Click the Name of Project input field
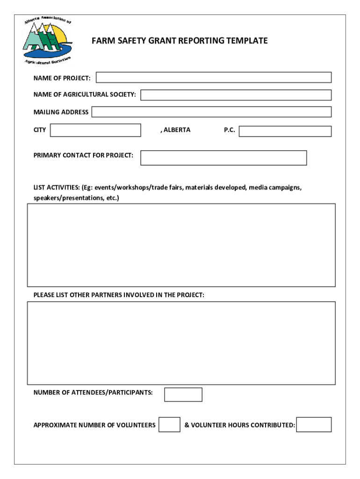[214, 77]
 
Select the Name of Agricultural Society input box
[236, 95]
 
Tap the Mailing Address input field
[211, 112]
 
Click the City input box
[95, 130]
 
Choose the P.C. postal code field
[285, 131]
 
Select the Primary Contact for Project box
[223, 158]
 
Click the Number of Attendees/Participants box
[183, 394]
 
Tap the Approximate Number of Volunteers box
[169, 424]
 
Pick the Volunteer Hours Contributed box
[314, 424]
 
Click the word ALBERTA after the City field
[177, 130]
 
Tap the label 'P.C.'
[229, 130]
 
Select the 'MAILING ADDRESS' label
[61, 112]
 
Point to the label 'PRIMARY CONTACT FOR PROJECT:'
[83, 155]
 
